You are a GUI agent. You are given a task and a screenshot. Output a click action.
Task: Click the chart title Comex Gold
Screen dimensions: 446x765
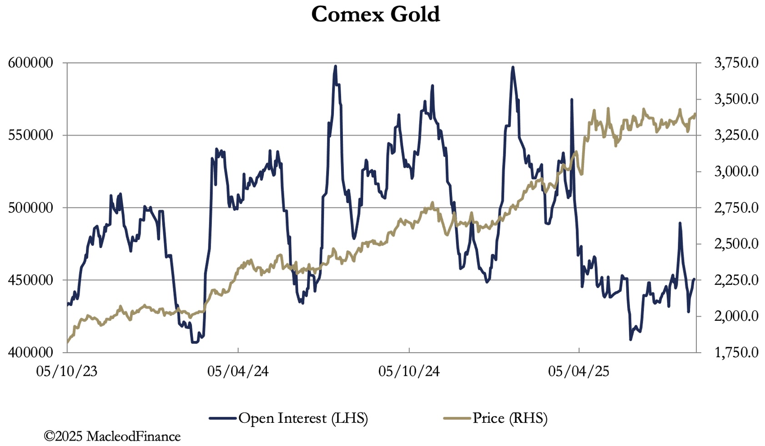coord(375,14)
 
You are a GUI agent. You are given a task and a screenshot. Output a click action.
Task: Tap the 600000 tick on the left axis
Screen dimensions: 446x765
coord(31,63)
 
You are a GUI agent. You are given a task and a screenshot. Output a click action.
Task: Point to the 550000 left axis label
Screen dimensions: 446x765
coord(31,135)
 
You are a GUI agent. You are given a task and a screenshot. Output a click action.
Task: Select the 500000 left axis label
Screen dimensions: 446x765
coord(31,208)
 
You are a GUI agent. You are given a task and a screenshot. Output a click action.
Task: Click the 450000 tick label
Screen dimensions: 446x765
coord(31,280)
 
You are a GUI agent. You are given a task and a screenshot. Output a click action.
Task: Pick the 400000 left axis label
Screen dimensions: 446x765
coord(31,352)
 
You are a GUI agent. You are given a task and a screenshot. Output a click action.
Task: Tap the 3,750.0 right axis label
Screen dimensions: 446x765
coord(736,63)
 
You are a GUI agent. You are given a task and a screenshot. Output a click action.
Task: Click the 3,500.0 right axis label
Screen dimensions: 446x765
coord(736,99)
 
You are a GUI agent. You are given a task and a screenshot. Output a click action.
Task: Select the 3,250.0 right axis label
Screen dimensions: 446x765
coord(736,135)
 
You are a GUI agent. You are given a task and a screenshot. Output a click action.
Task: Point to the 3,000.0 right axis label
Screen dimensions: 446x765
coord(736,172)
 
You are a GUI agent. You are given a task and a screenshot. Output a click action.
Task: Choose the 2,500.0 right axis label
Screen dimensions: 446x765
coord(736,244)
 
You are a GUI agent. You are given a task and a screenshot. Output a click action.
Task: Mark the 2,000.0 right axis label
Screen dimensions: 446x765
coord(736,316)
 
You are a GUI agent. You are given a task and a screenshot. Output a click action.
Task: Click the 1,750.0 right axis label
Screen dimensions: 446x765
coord(736,352)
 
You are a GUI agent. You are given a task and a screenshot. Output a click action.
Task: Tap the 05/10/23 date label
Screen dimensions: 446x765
coord(67,371)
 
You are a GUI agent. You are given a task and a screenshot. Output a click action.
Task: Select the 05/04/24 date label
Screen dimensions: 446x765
coord(238,371)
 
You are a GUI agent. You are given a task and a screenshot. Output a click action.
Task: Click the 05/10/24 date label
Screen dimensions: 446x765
coord(409,371)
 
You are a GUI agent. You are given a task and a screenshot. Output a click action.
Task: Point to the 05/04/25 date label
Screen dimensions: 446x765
coord(579,371)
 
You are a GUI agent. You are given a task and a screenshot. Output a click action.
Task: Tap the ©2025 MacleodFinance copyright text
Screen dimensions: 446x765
coord(112,436)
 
